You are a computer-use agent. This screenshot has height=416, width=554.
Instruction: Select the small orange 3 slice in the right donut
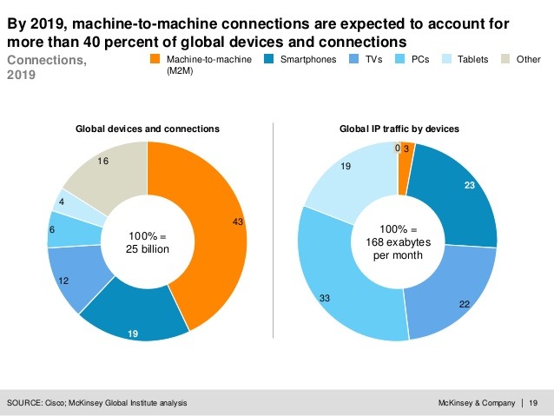(406, 156)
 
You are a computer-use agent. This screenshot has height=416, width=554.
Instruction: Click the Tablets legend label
(473, 60)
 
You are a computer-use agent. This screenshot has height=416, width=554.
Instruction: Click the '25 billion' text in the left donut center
(147, 249)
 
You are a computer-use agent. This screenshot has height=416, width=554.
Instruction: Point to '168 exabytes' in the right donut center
(397, 242)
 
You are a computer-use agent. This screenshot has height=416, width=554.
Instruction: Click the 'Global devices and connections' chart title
(148, 129)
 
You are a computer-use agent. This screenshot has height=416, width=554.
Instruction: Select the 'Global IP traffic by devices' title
(399, 129)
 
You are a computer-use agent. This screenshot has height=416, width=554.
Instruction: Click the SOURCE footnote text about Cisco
(96, 403)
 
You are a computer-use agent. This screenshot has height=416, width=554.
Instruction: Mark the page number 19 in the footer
(532, 403)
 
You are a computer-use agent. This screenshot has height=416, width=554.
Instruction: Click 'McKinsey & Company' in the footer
(477, 403)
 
